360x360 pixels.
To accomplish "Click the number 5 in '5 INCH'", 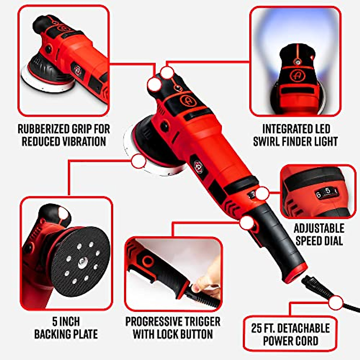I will coord(55,322).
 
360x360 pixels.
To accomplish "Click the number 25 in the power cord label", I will coord(257,328).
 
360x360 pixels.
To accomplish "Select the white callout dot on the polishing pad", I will coord(139,162).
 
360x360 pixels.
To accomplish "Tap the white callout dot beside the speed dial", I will coord(262,193).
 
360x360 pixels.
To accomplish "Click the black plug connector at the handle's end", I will coord(312,285).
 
